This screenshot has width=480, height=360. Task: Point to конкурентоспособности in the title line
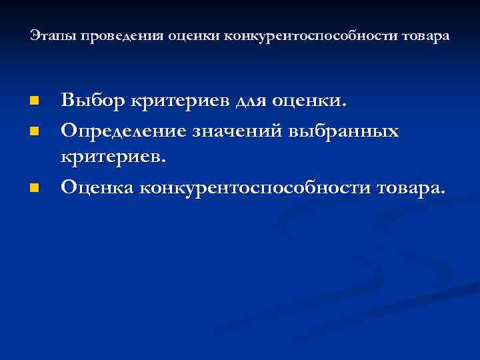tap(302, 36)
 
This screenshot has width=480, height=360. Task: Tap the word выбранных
tap(345, 131)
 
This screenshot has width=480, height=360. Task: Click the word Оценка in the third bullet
tap(99, 189)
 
